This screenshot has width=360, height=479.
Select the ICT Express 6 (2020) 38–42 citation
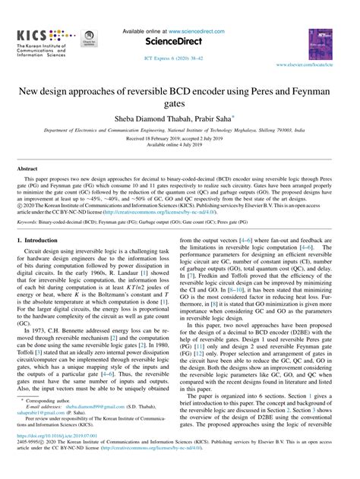point(179,58)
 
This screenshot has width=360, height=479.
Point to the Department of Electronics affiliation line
point(179,131)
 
